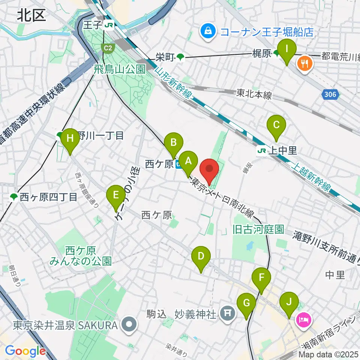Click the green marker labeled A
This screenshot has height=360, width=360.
pyautogui.click(x=188, y=162)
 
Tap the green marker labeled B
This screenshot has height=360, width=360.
pyautogui.click(x=174, y=143)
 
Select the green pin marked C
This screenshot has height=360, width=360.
pyautogui.click(x=276, y=125)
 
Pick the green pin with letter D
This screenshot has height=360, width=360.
pyautogui.click(x=201, y=257)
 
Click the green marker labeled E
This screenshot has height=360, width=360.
pyautogui.click(x=116, y=195)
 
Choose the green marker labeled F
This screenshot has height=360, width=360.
pyautogui.click(x=261, y=278)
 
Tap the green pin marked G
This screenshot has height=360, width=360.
pyautogui.click(x=246, y=303)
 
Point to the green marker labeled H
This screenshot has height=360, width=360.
pyautogui.click(x=70, y=138)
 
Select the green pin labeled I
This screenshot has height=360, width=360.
pyautogui.click(x=287, y=49)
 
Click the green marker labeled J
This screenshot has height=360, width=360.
pyautogui.click(x=289, y=302)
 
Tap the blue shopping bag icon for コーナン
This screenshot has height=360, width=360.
pyautogui.click(x=207, y=31)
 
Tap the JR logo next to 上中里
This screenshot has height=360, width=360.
pyautogui.click(x=262, y=151)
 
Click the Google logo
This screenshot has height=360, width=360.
pyautogui.click(x=25, y=351)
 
